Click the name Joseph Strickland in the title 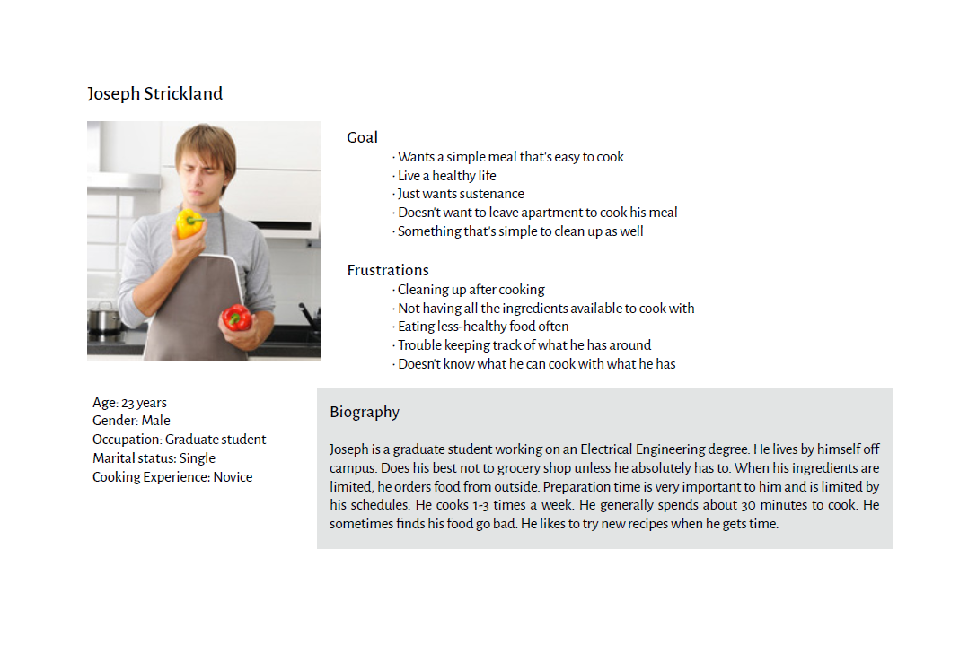click(x=154, y=94)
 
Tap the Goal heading click(x=362, y=137)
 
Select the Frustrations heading click(x=388, y=270)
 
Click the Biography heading click(x=365, y=412)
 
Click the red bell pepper click(x=236, y=318)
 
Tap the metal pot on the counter click(x=104, y=318)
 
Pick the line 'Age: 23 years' click(x=129, y=403)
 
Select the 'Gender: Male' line click(x=131, y=421)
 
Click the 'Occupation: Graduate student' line click(x=180, y=440)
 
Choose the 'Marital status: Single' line click(x=154, y=457)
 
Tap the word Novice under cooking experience click(x=233, y=477)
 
